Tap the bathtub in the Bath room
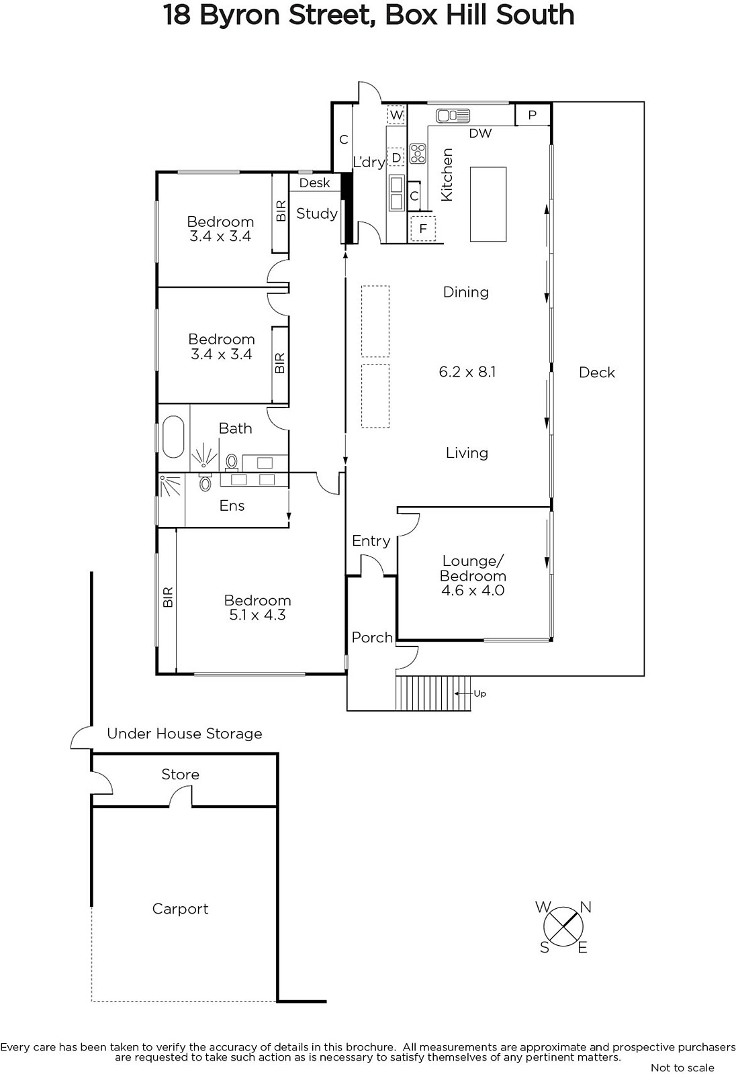pos(173,437)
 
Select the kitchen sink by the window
pos(453,115)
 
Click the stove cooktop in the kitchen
pos(418,154)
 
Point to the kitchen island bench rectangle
pos(488,204)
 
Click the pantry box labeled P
pos(532,115)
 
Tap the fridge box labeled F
pos(422,229)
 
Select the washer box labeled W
pos(396,115)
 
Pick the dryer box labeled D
pos(396,157)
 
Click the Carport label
pos(181,909)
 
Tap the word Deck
pos(597,373)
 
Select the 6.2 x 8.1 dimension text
pos(467,372)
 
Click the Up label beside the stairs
pos(479,694)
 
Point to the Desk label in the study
pos(315,183)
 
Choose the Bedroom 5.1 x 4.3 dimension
pos(257,615)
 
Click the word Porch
pos(372,638)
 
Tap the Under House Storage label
pos(185,734)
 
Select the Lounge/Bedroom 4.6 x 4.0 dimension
pos(473,590)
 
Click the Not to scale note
pos(683,1068)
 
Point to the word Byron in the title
pos(240,15)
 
